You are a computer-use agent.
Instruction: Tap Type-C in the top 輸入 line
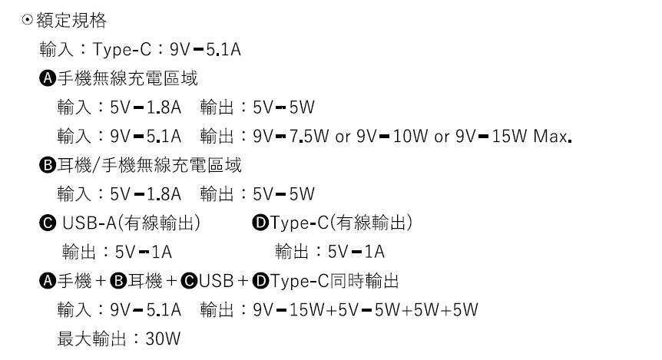point(115,50)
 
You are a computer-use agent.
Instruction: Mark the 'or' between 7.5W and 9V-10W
point(343,137)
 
